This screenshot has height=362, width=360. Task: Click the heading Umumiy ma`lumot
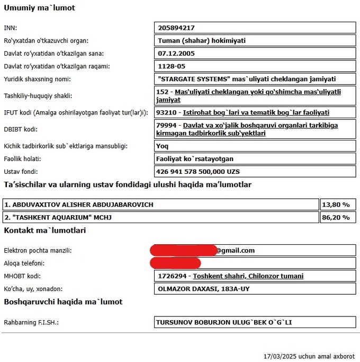click(x=40, y=8)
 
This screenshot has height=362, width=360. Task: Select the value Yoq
click(x=163, y=145)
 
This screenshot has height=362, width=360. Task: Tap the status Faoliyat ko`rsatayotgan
click(x=195, y=158)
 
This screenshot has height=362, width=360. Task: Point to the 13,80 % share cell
click(x=338, y=204)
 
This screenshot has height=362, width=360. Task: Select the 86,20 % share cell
click(x=338, y=217)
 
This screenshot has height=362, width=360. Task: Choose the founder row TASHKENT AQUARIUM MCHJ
click(x=58, y=217)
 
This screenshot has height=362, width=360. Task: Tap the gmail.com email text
click(x=236, y=250)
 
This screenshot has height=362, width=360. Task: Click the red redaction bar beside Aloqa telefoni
click(x=175, y=263)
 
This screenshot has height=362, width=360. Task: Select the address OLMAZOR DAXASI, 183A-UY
click(x=204, y=289)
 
